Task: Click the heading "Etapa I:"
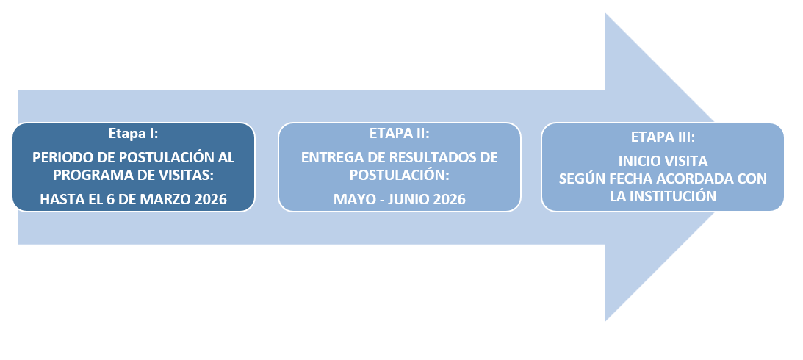pos(133,134)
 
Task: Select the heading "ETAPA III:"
pos(663,137)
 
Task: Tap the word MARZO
pos(167,199)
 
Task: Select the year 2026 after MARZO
pos(211,199)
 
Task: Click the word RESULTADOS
pos(428,157)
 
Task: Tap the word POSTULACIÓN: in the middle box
pos(400,175)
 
